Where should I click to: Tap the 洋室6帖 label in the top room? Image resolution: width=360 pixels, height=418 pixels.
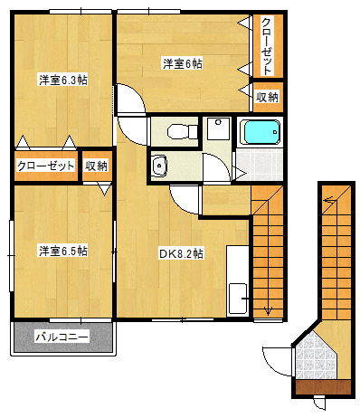(x=182, y=63)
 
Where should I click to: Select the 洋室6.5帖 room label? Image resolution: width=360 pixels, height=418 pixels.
(x=62, y=250)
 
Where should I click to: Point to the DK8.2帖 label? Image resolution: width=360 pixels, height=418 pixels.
(x=182, y=252)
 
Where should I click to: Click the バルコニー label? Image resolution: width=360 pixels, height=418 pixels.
(x=62, y=337)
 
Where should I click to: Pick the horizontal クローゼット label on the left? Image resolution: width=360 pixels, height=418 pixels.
(x=44, y=166)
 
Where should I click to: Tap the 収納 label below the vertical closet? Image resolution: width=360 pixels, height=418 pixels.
(x=267, y=97)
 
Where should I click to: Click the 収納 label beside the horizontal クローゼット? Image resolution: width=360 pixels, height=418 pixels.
(x=97, y=166)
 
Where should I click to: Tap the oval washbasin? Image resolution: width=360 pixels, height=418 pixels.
(x=159, y=166)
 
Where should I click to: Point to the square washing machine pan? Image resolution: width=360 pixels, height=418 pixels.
(x=217, y=129)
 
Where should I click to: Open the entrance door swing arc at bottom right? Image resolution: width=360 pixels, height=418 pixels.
(x=274, y=360)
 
